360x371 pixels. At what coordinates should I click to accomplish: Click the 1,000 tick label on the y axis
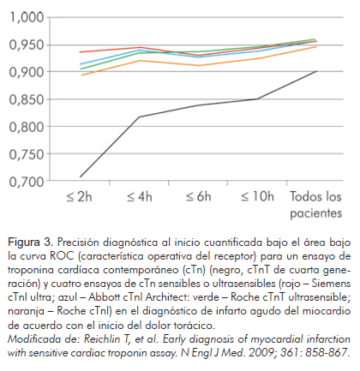click(x=27, y=17)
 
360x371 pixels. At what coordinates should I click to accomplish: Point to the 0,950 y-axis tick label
click(x=27, y=45)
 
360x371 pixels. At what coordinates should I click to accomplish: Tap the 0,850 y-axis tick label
click(x=27, y=99)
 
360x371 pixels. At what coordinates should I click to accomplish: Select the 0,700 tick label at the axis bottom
click(x=27, y=182)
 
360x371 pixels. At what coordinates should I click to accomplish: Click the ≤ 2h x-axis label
click(x=80, y=196)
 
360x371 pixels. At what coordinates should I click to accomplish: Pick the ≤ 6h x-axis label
click(x=199, y=196)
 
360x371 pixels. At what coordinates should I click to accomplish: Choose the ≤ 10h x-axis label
click(x=257, y=196)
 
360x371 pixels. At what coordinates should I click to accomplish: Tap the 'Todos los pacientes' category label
click(x=316, y=205)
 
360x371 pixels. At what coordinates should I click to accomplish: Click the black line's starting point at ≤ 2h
click(x=81, y=177)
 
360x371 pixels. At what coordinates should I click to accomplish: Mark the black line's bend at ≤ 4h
click(x=140, y=117)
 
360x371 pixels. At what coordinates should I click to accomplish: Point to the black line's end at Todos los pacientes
click(x=316, y=71)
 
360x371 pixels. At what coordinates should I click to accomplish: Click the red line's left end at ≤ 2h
click(x=81, y=52)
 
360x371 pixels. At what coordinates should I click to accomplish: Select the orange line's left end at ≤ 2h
click(x=81, y=75)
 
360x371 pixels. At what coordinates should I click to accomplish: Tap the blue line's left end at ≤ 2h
click(x=81, y=64)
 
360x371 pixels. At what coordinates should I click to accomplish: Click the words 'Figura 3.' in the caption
click(x=30, y=242)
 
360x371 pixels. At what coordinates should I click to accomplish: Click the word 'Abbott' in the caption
click(x=105, y=297)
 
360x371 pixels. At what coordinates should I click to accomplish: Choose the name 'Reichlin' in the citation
click(x=102, y=339)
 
